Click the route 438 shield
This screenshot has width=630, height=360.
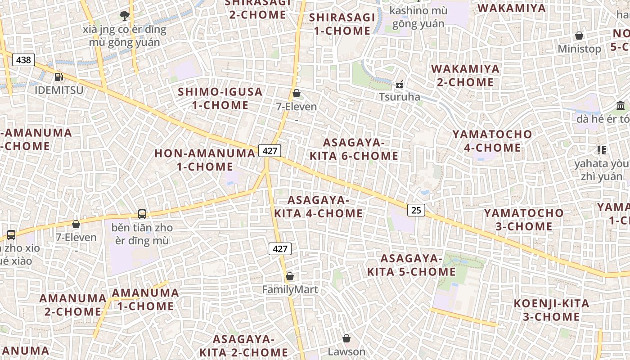(x=23, y=60)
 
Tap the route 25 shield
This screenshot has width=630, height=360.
(x=416, y=210)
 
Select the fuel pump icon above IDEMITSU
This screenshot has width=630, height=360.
(x=58, y=77)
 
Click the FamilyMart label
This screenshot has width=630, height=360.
(x=290, y=290)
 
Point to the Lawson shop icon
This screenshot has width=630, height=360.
(x=346, y=338)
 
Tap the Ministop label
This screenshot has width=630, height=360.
(x=579, y=49)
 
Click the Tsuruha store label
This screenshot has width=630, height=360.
(x=399, y=97)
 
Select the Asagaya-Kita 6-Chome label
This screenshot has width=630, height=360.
(x=354, y=149)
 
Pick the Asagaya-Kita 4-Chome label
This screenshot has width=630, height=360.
(x=318, y=207)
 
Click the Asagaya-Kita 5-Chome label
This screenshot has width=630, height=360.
(x=411, y=265)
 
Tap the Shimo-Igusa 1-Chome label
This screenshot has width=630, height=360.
(x=220, y=99)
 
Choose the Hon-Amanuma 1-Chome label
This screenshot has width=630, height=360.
(x=205, y=160)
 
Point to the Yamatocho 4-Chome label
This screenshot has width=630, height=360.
(x=492, y=141)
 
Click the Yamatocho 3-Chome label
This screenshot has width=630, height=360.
(x=524, y=220)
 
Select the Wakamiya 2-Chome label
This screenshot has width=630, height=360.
(x=465, y=76)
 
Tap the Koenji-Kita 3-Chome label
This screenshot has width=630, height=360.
(x=551, y=310)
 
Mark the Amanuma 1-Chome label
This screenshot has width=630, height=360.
(x=145, y=300)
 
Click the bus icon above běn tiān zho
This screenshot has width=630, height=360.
(x=142, y=214)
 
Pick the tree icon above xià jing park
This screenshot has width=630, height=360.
(x=125, y=16)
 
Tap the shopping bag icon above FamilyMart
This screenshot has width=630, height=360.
(x=290, y=276)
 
